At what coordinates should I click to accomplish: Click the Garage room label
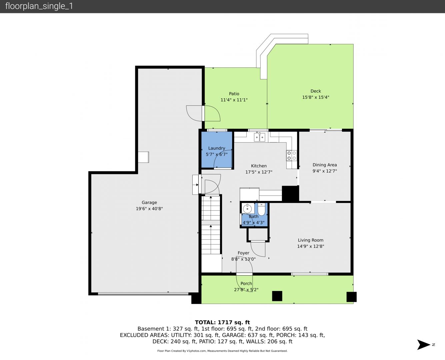pyautogui.click(x=149, y=202)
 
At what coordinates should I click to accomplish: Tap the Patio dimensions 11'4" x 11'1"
pyautogui.click(x=234, y=100)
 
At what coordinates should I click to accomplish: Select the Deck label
pyautogui.click(x=316, y=91)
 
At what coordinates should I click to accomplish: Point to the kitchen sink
pyautogui.click(x=259, y=137)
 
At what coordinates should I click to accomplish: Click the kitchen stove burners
pyautogui.click(x=292, y=156)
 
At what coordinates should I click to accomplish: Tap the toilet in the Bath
pyautogui.click(x=261, y=209)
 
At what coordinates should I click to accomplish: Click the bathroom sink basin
pyautogui.click(x=248, y=208)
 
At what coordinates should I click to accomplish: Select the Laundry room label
pyautogui.click(x=217, y=148)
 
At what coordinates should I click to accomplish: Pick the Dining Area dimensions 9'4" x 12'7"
pyautogui.click(x=325, y=171)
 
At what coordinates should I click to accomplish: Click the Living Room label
pyautogui.click(x=311, y=240)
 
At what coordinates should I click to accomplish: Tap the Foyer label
pyautogui.click(x=243, y=253)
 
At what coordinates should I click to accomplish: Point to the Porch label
pyautogui.click(x=246, y=284)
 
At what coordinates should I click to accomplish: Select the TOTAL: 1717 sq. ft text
pyautogui.click(x=222, y=322)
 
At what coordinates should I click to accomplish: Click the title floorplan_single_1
pyautogui.click(x=39, y=6)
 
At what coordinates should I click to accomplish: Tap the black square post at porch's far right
pyautogui.click(x=351, y=297)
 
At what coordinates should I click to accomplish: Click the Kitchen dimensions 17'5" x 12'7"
pyautogui.click(x=259, y=172)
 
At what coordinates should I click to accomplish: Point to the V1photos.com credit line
pyautogui.click(x=222, y=351)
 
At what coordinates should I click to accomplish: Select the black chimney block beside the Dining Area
pyautogui.click(x=290, y=194)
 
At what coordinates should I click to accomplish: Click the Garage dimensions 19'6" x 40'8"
pyautogui.click(x=149, y=209)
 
